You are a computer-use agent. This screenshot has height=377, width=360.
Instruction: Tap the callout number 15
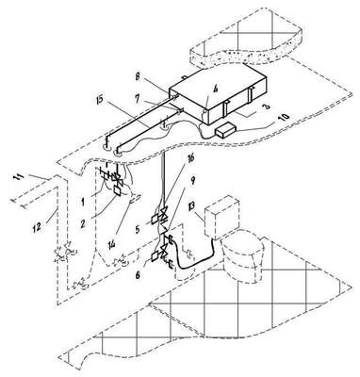[103, 102]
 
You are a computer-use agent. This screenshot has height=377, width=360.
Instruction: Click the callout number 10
[284, 117]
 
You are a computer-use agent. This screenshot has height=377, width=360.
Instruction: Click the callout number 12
[37, 227]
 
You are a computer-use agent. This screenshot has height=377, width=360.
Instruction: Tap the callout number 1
[83, 202]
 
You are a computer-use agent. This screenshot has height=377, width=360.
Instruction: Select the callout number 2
[82, 223]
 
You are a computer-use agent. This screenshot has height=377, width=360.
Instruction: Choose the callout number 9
[193, 180]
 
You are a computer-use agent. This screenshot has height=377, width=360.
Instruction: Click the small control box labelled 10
[225, 130]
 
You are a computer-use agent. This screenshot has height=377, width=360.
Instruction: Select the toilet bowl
[242, 256]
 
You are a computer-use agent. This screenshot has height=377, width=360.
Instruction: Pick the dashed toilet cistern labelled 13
[221, 217]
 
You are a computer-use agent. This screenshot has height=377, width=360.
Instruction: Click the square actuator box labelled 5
[155, 219]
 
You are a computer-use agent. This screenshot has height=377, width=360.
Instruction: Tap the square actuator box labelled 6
[155, 256]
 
